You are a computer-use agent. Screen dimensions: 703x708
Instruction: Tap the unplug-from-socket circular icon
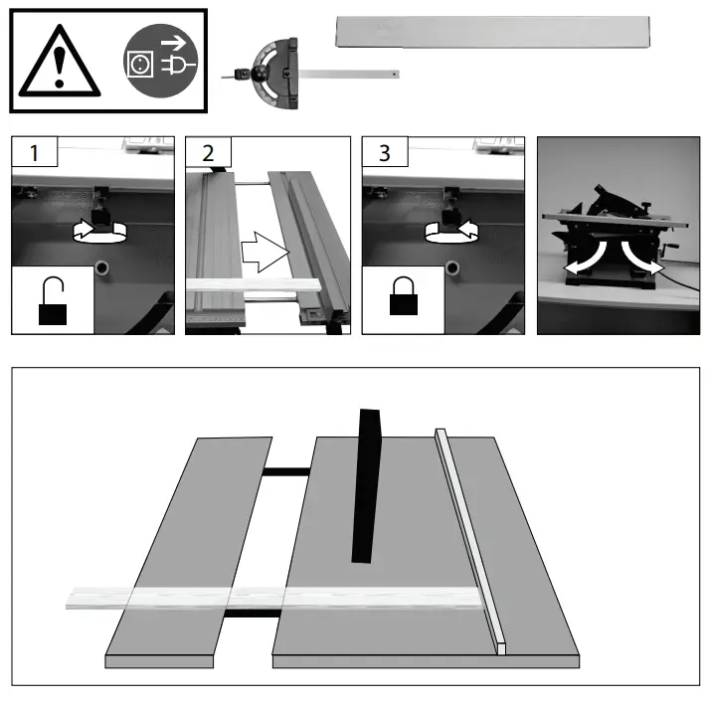(x=157, y=62)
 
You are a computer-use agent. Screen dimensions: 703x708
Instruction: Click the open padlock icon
(x=53, y=302)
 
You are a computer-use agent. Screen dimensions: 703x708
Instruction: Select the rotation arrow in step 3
(x=453, y=232)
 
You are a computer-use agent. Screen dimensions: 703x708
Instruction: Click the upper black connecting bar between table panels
(x=287, y=470)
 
